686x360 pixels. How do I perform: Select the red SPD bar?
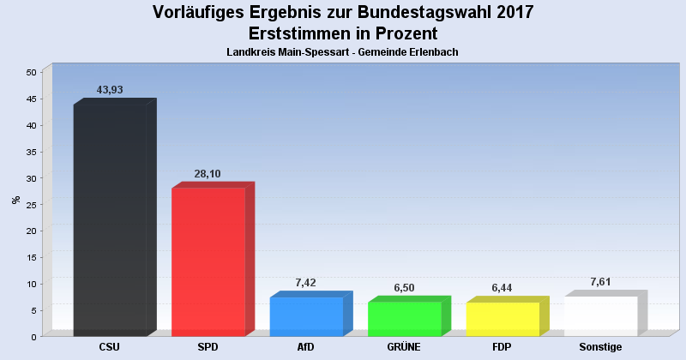tap(208, 261)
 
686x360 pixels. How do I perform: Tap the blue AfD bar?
tap(306, 316)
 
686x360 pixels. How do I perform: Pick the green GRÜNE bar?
tap(404, 319)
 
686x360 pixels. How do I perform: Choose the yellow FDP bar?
tap(502, 319)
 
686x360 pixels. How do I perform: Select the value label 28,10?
tap(208, 174)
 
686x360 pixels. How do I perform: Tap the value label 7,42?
tap(306, 283)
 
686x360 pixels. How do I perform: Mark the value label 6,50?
tap(404, 288)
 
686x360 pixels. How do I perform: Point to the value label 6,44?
tap(502, 288)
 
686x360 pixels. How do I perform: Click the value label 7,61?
tap(600, 282)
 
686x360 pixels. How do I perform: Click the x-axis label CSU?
tap(110, 347)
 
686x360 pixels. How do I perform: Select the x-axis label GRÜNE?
tap(404, 347)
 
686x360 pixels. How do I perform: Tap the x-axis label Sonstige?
tap(600, 347)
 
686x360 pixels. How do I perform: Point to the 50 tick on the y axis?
tap(30, 72)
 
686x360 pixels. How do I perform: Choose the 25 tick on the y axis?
tap(30, 204)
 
